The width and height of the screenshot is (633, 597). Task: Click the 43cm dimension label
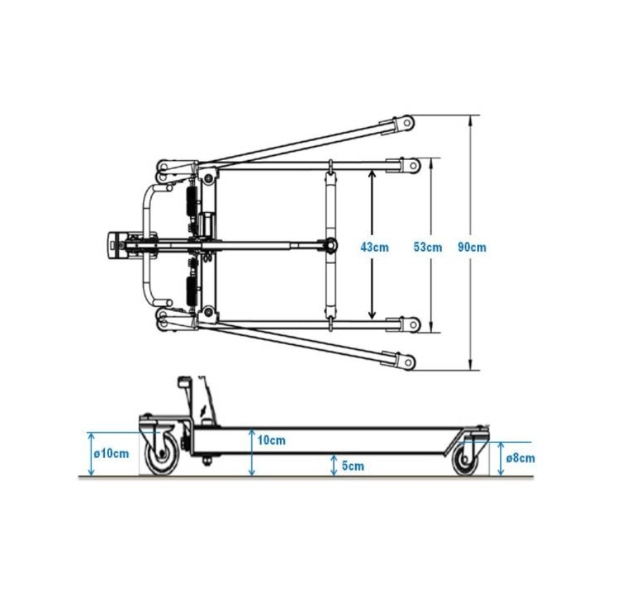point(374,247)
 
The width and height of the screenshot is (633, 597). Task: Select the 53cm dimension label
point(428,247)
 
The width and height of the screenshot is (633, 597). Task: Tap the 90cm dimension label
point(472,247)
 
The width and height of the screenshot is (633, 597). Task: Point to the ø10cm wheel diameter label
point(111,454)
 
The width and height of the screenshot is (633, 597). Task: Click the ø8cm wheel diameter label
point(520,458)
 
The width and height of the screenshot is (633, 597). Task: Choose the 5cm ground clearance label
point(353,466)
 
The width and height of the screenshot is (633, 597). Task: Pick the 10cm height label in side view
point(271,440)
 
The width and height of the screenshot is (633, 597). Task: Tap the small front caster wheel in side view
point(465,460)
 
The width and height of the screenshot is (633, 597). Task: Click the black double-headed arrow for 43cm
point(372,244)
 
